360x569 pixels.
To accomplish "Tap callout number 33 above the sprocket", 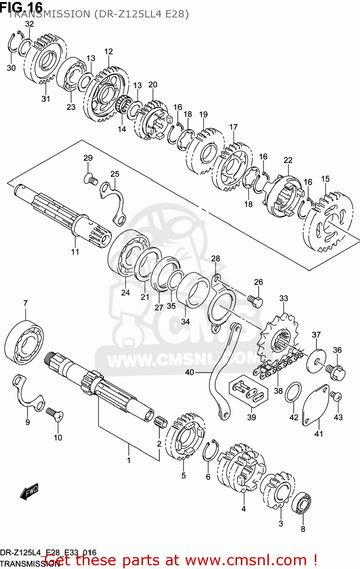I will [x=283, y=299].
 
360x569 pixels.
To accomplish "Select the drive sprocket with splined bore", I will [x=278, y=339].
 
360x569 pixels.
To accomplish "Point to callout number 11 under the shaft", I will [x=75, y=251].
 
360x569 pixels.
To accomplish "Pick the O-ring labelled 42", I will [x=293, y=392].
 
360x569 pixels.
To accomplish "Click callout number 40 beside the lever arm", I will [x=189, y=372].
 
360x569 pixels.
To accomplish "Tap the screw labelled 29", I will [x=90, y=178].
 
